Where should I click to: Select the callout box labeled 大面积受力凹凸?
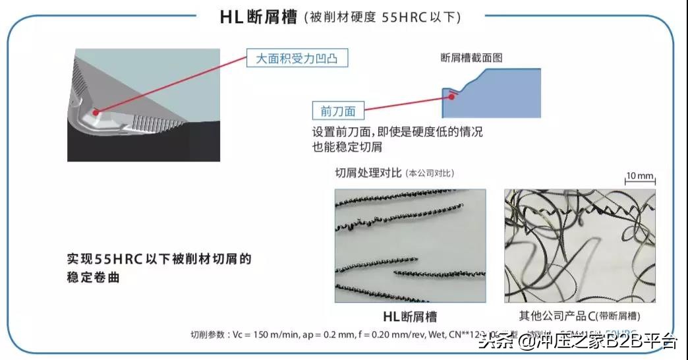pos(297,59)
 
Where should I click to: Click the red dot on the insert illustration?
pos(96,113)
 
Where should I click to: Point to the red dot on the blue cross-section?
pos(451,96)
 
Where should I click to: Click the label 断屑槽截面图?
pos(471,58)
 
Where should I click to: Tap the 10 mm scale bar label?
pos(639,175)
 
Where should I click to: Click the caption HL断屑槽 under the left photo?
pos(410,316)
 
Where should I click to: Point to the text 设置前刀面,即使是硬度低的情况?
pos(397,132)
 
